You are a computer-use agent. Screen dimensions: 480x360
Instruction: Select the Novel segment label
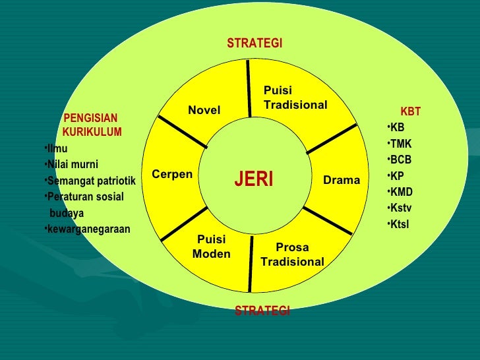click(204, 110)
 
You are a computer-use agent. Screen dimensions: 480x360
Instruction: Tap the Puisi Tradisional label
click(295, 98)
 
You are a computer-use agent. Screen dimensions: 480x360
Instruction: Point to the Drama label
click(342, 180)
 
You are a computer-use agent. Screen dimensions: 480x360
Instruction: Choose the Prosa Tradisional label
click(292, 255)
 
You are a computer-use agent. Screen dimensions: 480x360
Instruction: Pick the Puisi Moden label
click(211, 247)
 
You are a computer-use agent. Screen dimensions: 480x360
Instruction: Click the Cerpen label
click(171, 174)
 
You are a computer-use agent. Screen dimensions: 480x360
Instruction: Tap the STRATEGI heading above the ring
click(255, 44)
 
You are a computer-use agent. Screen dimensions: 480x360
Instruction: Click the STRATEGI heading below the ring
click(262, 311)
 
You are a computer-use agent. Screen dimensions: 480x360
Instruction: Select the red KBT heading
click(410, 111)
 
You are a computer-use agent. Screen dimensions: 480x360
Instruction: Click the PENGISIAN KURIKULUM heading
click(91, 125)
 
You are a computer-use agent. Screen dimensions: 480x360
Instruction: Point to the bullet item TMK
click(400, 144)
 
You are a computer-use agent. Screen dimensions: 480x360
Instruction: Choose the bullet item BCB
click(400, 160)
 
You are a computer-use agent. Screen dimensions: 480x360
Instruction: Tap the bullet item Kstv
click(400, 208)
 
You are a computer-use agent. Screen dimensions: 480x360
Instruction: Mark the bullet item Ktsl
click(399, 224)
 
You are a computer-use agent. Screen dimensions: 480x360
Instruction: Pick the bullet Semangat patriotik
click(90, 181)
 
